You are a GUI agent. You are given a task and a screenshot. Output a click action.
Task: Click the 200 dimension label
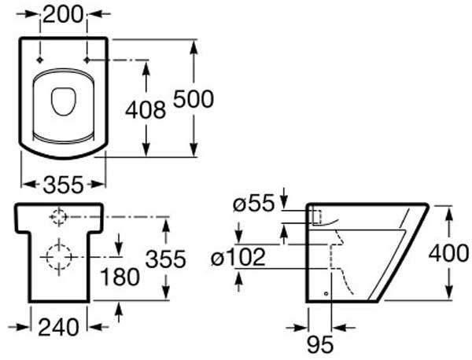(63, 14)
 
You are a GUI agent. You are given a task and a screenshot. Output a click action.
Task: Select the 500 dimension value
(194, 99)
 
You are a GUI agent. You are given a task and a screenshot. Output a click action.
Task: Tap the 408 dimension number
(146, 109)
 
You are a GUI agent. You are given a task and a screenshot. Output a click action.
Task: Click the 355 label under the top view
(63, 185)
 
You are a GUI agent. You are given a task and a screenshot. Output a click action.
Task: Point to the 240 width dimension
(59, 327)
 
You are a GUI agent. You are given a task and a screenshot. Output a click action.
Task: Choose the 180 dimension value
(120, 277)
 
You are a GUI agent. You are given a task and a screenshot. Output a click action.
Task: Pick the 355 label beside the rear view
(165, 259)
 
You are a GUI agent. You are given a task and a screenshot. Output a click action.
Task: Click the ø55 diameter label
(254, 204)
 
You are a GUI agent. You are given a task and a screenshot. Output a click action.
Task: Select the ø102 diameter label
(238, 257)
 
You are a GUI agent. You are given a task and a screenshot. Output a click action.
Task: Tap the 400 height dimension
(448, 252)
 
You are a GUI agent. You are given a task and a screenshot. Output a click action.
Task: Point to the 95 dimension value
(320, 344)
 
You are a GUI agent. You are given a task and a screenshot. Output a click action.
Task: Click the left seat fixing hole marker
(40, 61)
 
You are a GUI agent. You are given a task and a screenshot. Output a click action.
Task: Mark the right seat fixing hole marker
(87, 61)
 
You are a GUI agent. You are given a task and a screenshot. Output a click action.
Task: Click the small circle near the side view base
(326, 293)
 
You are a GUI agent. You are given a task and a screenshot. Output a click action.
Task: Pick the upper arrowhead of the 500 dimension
(194, 46)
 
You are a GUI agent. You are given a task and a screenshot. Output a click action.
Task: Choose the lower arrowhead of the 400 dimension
(448, 292)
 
